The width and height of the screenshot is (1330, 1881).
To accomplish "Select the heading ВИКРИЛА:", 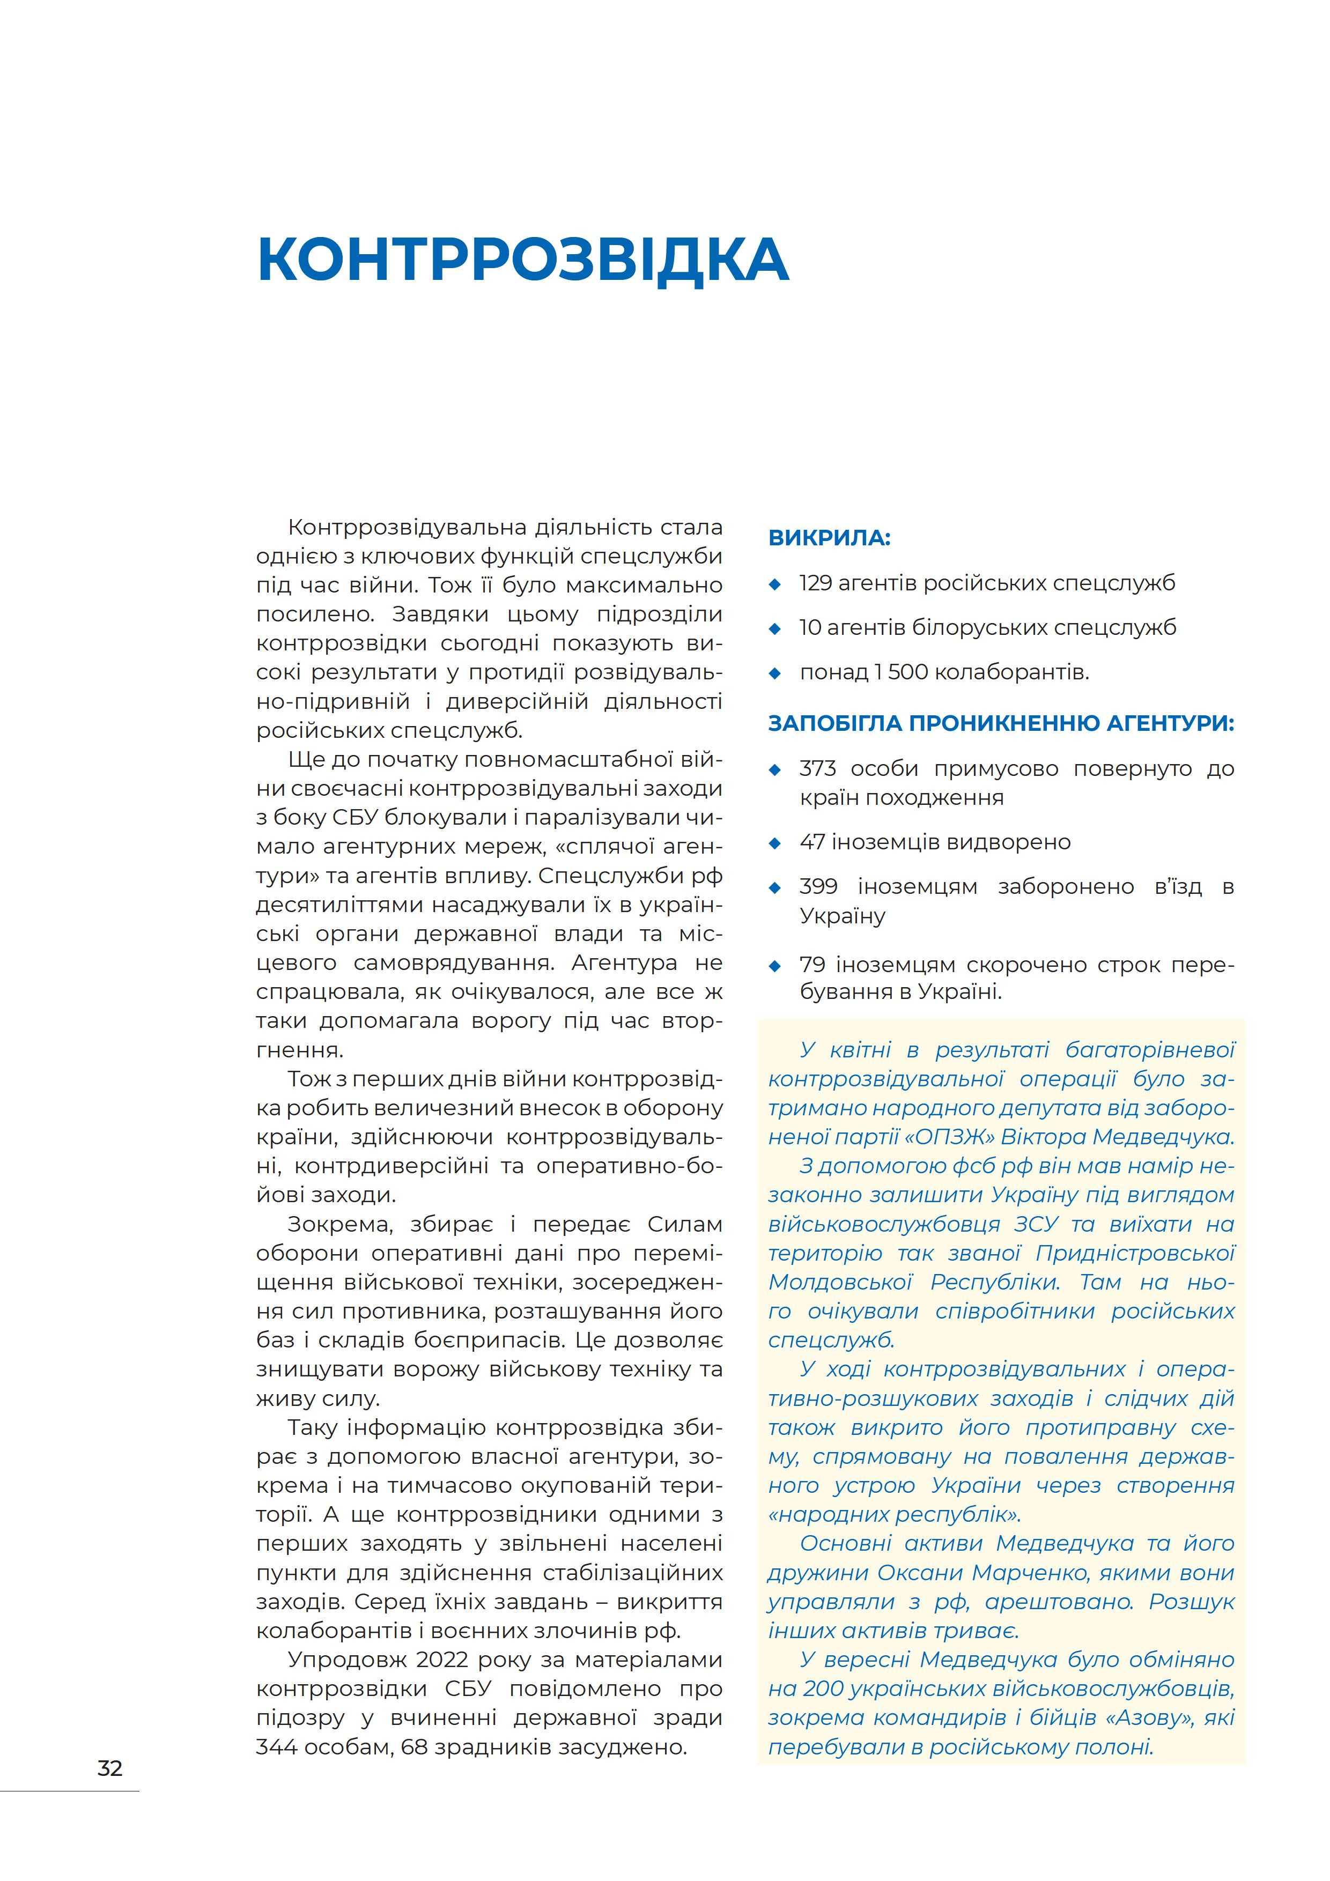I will (x=829, y=538).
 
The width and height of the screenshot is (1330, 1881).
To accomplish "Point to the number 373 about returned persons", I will (x=817, y=768).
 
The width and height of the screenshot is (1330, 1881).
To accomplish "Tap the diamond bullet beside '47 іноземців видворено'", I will (x=775, y=842).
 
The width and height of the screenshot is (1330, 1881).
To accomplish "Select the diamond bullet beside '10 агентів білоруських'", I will (x=775, y=628).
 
